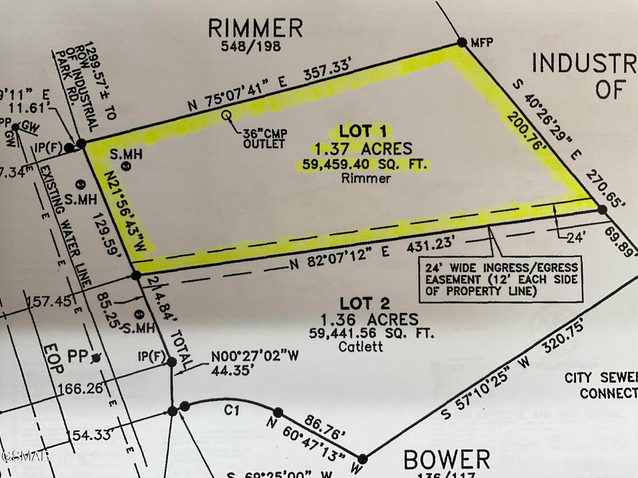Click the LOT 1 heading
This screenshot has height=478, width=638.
[x=362, y=131]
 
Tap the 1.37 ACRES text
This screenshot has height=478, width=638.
[x=362, y=148]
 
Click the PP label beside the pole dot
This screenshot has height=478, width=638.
[x=81, y=357]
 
